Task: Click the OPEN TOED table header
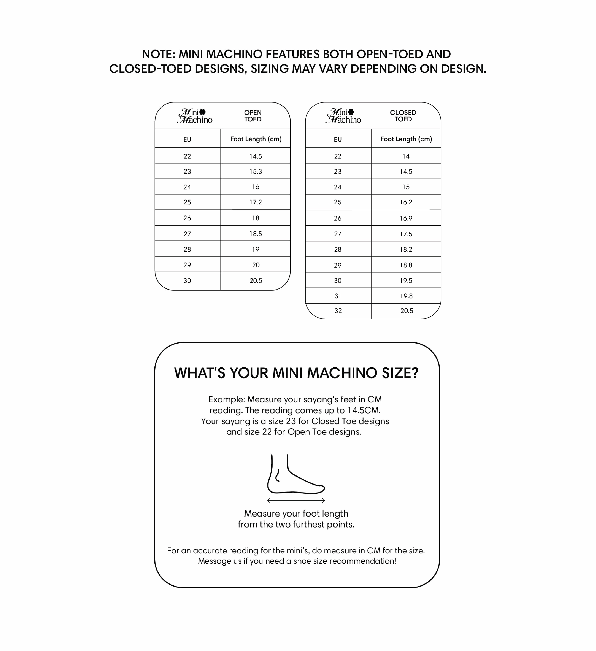tap(253, 116)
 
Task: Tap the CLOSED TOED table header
tap(403, 116)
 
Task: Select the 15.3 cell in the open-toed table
tap(255, 172)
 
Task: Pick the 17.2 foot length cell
tap(255, 202)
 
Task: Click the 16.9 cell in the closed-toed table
tap(406, 218)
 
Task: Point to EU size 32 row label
tap(338, 311)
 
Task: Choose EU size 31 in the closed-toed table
tap(338, 296)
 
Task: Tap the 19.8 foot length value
tap(406, 296)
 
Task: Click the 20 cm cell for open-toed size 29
tap(256, 265)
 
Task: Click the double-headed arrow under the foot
tap(296, 500)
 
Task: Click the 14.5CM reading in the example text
tap(364, 410)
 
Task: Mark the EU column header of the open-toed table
tap(187, 139)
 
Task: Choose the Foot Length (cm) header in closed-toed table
tap(406, 139)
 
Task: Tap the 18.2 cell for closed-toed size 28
tap(406, 249)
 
